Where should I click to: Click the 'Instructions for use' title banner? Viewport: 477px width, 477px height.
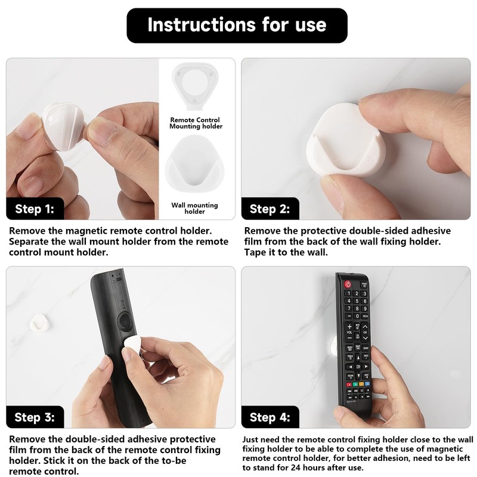point(237,25)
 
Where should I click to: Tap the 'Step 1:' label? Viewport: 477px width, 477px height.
point(35,209)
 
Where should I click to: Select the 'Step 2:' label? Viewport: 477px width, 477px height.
point(270,209)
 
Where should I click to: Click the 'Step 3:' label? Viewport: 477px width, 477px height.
point(35,417)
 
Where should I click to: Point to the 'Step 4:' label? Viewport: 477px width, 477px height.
point(270,417)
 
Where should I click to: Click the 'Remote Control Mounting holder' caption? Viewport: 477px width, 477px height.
point(195,123)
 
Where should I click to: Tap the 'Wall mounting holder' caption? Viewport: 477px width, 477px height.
point(195,208)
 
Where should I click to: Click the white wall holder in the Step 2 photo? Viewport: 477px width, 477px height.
point(343,143)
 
